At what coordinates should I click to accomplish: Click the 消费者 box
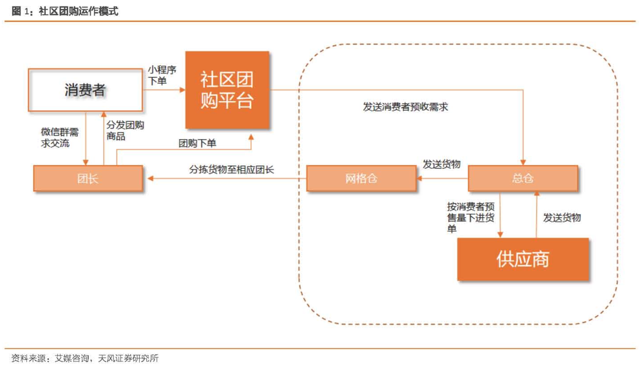tap(84, 90)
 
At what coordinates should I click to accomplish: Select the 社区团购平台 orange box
tap(227, 90)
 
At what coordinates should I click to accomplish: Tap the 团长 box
tap(88, 178)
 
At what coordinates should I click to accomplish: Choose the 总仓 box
tap(522, 178)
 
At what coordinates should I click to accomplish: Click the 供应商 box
tap(522, 259)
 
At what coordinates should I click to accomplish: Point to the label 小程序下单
tap(162, 75)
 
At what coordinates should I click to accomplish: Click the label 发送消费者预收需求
tap(406, 107)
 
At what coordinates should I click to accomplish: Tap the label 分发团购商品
tap(125, 131)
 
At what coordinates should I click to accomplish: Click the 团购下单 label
tap(197, 143)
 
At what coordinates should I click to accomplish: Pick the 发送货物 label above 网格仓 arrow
tap(441, 164)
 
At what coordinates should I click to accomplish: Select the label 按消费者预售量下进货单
tap(471, 218)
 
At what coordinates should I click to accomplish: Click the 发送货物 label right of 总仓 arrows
tap(562, 218)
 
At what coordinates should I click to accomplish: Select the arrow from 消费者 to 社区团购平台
tap(164, 90)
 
